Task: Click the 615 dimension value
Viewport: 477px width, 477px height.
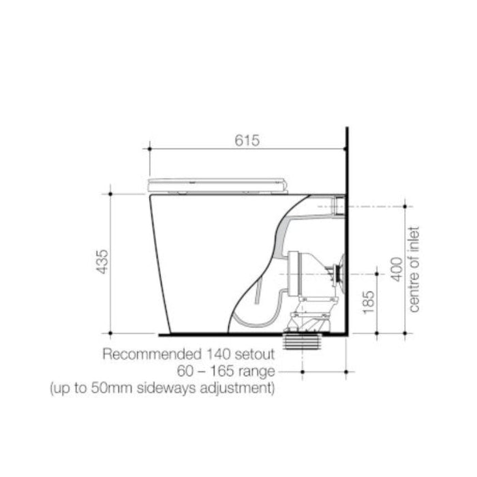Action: (x=247, y=140)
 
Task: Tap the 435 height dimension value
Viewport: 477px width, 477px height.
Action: (x=102, y=262)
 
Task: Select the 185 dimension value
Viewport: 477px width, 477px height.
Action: (x=369, y=303)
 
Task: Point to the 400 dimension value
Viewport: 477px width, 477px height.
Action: (x=397, y=270)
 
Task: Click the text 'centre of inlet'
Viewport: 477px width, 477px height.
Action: (x=414, y=269)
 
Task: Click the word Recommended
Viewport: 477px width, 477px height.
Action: (x=152, y=354)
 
